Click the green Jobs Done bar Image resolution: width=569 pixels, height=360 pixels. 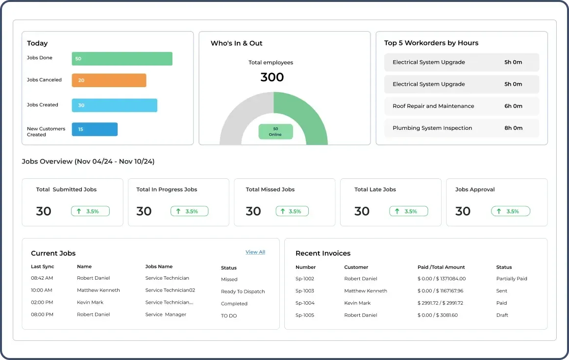pyautogui.click(x=122, y=58)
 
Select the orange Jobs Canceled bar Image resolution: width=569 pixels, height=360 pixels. pyautogui.click(x=109, y=80)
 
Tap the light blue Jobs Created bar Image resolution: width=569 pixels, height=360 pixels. pyautogui.click(x=114, y=105)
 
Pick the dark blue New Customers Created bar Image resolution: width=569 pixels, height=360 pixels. pyautogui.click(x=95, y=129)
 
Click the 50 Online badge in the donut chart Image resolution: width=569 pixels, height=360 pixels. pyautogui.click(x=275, y=132)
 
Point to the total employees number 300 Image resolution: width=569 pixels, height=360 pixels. pyautogui.click(x=272, y=77)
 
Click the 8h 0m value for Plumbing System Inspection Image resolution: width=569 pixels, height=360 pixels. pyautogui.click(x=513, y=128)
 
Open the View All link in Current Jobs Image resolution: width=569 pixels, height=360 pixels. pyautogui.click(x=255, y=252)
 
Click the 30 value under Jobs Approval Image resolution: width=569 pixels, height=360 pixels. pyautogui.click(x=463, y=212)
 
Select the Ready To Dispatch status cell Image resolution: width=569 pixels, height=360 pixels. pyautogui.click(x=243, y=291)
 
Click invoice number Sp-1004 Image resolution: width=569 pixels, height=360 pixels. pyautogui.click(x=305, y=303)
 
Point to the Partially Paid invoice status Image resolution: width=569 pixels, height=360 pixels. pyautogui.click(x=511, y=279)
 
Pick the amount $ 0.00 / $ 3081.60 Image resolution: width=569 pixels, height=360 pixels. pyautogui.click(x=437, y=315)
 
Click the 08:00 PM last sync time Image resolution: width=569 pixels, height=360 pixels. pyautogui.click(x=43, y=315)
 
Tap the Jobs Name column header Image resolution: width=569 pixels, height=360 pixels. pyautogui.click(x=159, y=267)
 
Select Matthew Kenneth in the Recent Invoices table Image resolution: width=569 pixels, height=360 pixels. pyautogui.click(x=365, y=291)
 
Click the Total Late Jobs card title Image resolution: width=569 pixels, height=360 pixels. pyautogui.click(x=375, y=190)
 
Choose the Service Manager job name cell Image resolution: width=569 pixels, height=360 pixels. pyautogui.click(x=166, y=315)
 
